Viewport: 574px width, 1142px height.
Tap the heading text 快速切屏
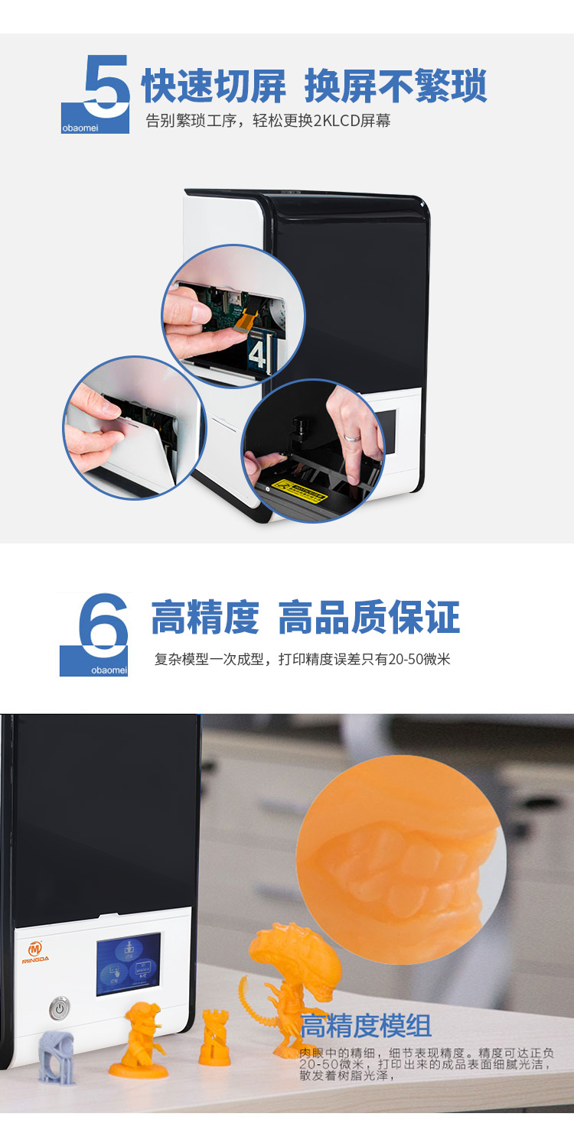214,86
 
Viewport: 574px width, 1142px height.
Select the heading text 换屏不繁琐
396,86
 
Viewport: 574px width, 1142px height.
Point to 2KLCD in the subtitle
325,122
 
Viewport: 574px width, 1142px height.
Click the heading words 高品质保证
369,618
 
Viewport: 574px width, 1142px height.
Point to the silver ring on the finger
350,439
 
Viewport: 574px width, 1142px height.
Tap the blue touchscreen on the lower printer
128,964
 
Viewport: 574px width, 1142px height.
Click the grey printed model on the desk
56,1056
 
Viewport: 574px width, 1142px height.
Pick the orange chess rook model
214,1038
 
